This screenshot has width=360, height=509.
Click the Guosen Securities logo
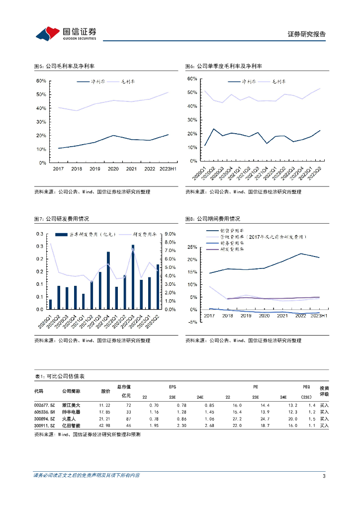[66, 33]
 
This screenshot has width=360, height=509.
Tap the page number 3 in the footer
[324, 476]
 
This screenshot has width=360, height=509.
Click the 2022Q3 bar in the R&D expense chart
[133, 276]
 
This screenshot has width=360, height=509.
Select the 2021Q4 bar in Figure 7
[108, 280]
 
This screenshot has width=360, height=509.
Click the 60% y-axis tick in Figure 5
[41, 81]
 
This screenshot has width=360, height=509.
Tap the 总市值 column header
[124, 387]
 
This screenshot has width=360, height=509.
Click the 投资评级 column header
[324, 391]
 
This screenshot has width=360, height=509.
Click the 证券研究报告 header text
[306, 34]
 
